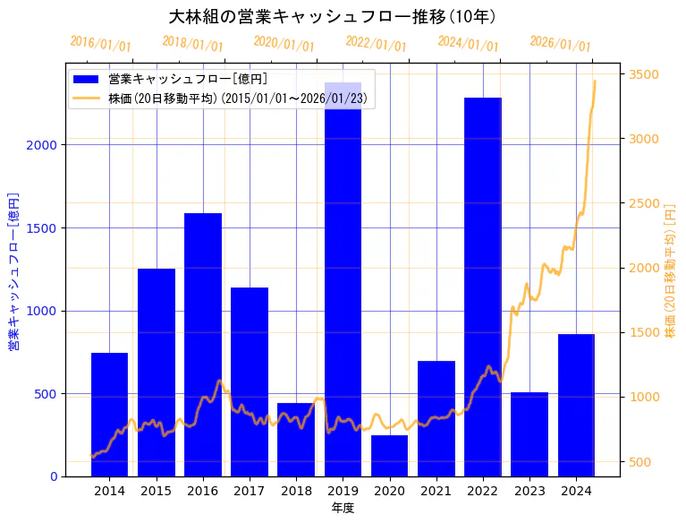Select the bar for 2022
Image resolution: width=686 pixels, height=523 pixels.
pos(483,287)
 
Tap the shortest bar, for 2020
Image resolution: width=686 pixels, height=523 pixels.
pos(390,456)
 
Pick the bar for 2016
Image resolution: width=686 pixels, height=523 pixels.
pos(203,345)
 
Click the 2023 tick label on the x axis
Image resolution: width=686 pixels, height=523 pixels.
pos(529,491)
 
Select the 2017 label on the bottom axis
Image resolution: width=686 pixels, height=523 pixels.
pos(250,491)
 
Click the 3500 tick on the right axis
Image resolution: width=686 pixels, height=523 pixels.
pos(645,74)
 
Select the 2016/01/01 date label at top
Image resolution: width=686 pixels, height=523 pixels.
pos(101,44)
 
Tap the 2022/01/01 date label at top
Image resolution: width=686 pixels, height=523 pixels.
pos(376,44)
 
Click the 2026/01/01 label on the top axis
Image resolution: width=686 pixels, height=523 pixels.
pos(560,44)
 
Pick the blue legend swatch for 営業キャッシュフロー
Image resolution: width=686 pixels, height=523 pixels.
pos(88,79)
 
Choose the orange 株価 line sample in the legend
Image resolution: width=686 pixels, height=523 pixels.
pos(88,97)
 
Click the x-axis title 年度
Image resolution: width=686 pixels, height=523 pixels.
pos(343,508)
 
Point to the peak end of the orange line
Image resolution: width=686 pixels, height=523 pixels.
pos(595,81)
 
